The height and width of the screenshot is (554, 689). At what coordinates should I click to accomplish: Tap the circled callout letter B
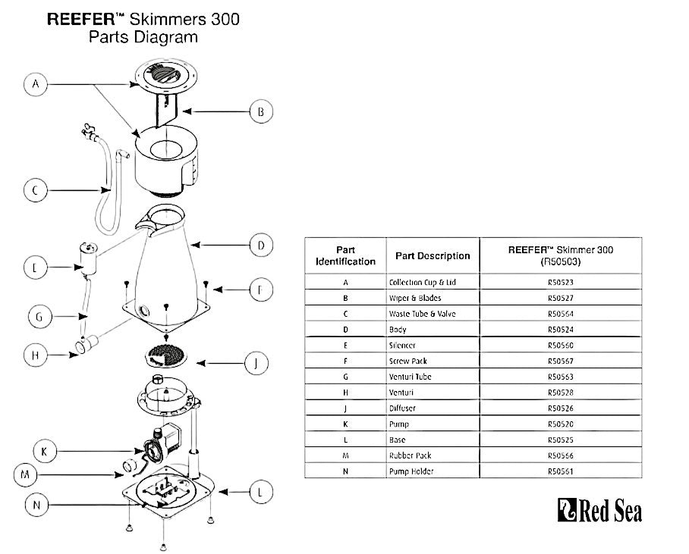click(260, 112)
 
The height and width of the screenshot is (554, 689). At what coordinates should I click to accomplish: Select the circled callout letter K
click(44, 452)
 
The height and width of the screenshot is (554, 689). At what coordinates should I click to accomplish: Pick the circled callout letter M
click(26, 476)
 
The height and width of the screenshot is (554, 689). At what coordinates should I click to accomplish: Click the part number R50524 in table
click(562, 330)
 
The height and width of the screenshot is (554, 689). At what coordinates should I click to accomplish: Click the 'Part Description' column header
click(433, 255)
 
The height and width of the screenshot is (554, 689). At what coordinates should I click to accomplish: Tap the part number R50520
click(562, 424)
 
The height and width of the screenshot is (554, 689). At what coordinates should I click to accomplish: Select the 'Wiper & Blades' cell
click(415, 298)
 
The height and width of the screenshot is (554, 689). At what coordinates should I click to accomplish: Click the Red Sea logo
click(599, 511)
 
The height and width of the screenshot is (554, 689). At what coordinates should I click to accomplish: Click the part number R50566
click(562, 455)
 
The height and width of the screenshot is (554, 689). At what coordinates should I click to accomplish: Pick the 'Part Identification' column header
click(345, 255)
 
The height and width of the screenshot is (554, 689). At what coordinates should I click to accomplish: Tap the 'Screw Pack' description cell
click(408, 361)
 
